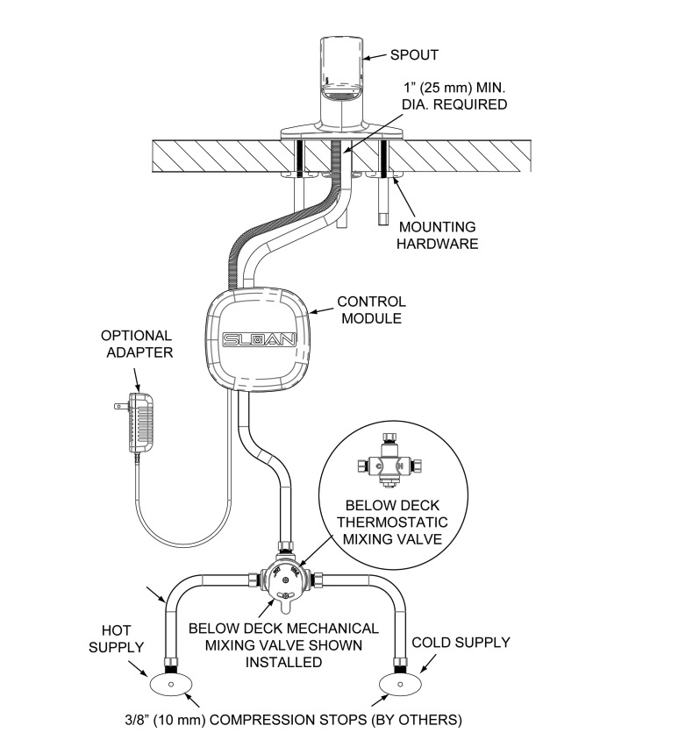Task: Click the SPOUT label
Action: [x=414, y=55]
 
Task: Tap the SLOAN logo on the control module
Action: [x=259, y=339]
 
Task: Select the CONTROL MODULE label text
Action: [x=371, y=309]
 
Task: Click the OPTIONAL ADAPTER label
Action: [x=137, y=344]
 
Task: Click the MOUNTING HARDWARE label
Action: [x=438, y=235]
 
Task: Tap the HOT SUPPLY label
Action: [x=116, y=638]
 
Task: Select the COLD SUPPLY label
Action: [x=461, y=643]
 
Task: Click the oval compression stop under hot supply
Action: [x=171, y=684]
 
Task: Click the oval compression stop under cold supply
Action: [x=400, y=684]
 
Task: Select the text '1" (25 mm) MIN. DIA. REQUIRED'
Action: [x=454, y=96]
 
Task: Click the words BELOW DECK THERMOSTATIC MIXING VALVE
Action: [x=392, y=523]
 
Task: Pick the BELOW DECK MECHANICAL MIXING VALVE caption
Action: [x=283, y=644]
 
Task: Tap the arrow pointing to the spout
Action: [x=374, y=57]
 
